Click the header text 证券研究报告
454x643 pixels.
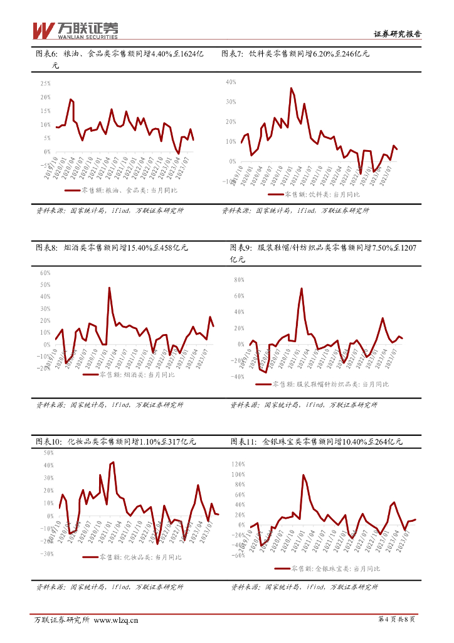coord(398,35)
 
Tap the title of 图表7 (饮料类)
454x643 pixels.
coord(295,54)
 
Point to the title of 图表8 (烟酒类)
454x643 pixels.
coord(112,247)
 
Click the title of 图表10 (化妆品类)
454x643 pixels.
coord(115,441)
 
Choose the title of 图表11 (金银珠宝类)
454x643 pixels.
coord(316,441)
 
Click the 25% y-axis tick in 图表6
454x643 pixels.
coord(45,84)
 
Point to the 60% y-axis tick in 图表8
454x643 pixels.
coord(45,273)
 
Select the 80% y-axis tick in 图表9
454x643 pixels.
coord(238,280)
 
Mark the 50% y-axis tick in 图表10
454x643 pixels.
coord(48,452)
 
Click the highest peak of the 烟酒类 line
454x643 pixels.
coord(109,288)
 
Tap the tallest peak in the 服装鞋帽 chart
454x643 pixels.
coord(302,288)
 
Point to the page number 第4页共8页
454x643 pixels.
coord(397,620)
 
